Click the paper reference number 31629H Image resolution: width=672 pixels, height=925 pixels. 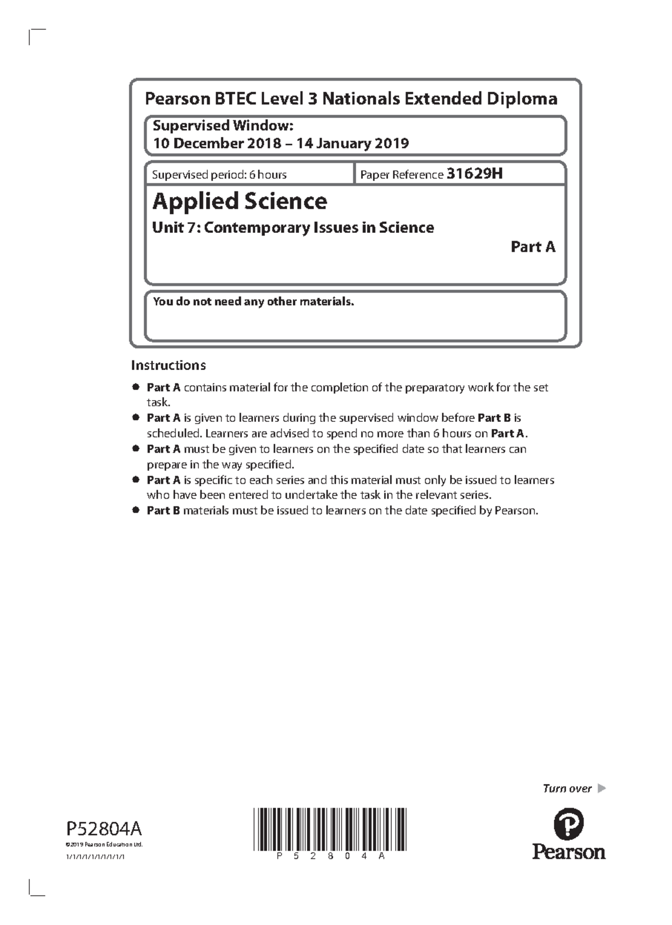pyautogui.click(x=474, y=174)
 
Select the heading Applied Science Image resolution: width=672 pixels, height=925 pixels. pyautogui.click(x=240, y=201)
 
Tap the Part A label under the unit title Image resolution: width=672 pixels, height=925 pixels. pyautogui.click(x=533, y=247)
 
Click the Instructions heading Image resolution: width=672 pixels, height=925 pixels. pyautogui.click(x=169, y=365)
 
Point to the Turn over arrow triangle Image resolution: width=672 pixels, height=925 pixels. pyautogui.click(x=601, y=788)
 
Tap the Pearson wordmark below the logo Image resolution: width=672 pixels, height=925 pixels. pyautogui.click(x=568, y=852)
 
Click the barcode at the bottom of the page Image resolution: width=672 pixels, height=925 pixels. pyautogui.click(x=329, y=830)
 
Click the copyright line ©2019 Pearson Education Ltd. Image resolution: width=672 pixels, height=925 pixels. pyautogui.click(x=104, y=844)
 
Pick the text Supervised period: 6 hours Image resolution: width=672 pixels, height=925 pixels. pyautogui.click(x=220, y=175)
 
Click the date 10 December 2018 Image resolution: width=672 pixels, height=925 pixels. pyautogui.click(x=217, y=143)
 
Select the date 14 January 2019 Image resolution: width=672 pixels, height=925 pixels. pyautogui.click(x=353, y=143)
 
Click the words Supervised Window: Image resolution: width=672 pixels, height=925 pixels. pyautogui.click(x=223, y=125)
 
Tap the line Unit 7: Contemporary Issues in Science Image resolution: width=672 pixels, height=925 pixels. pyautogui.click(x=293, y=228)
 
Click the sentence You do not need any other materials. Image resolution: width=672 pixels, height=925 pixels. pyautogui.click(x=254, y=302)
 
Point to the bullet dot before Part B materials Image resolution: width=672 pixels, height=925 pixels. pyautogui.click(x=136, y=510)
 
